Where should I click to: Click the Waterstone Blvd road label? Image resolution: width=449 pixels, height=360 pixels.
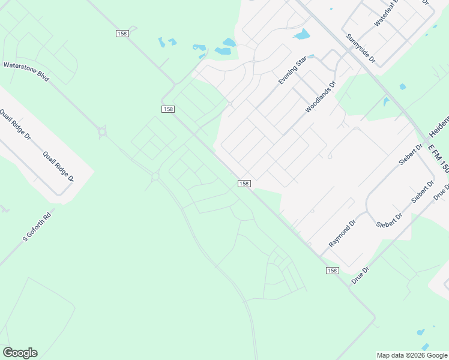[26, 71]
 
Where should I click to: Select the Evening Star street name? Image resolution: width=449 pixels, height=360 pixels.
[292, 70]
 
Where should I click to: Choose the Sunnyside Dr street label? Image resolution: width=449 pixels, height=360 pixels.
[360, 49]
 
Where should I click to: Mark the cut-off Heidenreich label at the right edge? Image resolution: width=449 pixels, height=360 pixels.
[438, 128]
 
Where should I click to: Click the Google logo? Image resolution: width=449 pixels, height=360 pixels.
[20, 353]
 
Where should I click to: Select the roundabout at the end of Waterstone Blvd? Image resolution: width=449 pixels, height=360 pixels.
[102, 131]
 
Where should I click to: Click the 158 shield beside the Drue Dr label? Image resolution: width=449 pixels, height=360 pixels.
[332, 271]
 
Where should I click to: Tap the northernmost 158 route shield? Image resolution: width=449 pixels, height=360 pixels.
[122, 34]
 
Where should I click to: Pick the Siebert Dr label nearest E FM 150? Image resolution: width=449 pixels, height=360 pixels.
[412, 154]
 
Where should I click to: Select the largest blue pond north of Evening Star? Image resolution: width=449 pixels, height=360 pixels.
[302, 34]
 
